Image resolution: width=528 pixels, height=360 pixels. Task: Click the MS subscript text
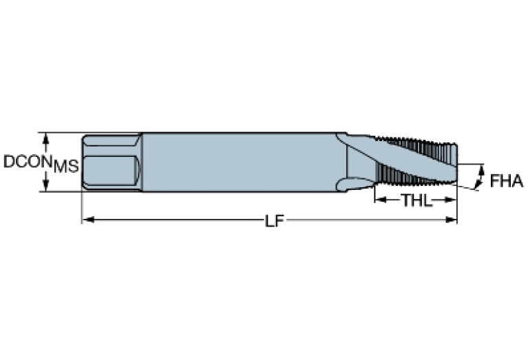(66, 166)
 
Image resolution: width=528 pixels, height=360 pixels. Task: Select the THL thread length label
(415, 200)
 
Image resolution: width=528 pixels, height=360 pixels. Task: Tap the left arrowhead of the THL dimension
(379, 200)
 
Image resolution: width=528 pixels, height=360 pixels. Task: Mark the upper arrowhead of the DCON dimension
(46, 137)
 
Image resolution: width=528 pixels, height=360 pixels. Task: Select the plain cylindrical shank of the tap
(241, 162)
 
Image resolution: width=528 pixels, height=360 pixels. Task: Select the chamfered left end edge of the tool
(84, 162)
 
